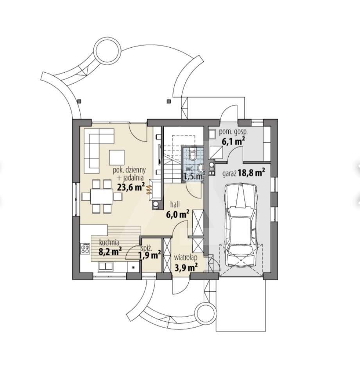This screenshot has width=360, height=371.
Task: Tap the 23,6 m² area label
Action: [131, 187]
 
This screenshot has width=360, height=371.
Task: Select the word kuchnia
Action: [109, 242]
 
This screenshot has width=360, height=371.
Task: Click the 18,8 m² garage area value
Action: [251, 172]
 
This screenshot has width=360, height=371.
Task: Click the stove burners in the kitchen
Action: [86, 248]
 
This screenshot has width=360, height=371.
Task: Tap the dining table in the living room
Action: [102, 196]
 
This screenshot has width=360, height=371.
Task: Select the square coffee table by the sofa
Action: [116, 157]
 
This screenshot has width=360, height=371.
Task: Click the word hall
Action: [175, 204]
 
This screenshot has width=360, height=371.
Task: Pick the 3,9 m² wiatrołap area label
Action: [186, 268]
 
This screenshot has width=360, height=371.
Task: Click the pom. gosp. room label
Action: [230, 133]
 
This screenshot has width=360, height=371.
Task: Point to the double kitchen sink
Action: [106, 266]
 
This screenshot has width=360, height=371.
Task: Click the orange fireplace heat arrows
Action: [149, 190]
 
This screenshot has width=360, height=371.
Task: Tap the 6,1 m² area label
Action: [233, 142]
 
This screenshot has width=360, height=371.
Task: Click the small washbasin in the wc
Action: [201, 168]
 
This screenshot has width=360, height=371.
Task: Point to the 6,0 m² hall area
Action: [177, 214]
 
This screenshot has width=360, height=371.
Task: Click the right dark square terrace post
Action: [168, 101]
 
